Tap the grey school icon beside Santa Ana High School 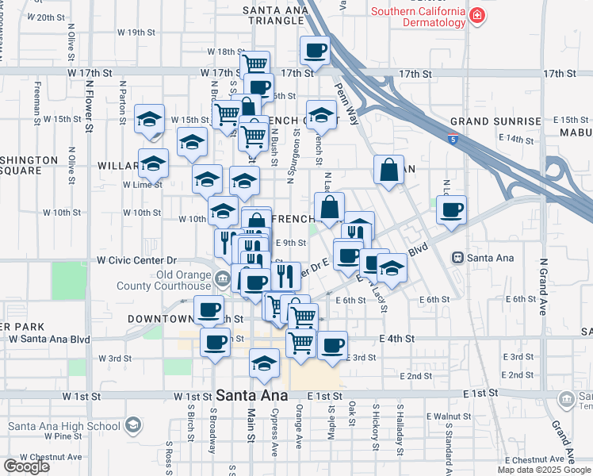(132, 426)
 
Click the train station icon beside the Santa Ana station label (457, 258)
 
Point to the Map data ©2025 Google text (544, 470)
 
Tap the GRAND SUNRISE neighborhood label (495, 121)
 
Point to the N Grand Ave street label (544, 286)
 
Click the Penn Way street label (346, 100)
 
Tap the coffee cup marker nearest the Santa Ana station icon (451, 210)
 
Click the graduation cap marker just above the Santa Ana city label (264, 363)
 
